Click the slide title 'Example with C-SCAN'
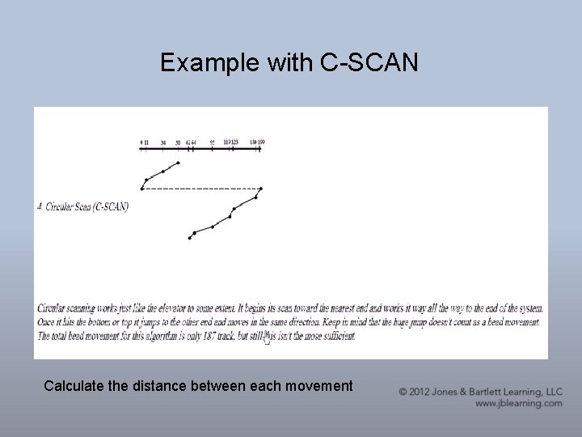[289, 62]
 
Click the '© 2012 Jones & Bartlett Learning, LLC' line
[480, 392]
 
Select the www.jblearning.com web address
[518, 403]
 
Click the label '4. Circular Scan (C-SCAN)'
[82, 206]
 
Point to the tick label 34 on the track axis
[163, 142]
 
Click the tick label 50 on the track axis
[178, 142]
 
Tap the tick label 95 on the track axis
[213, 142]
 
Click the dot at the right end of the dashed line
[260, 189]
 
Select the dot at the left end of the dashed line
[141, 189]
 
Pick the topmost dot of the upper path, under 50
[178, 163]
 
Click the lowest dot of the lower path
[190, 238]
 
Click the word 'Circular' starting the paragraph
[54, 308]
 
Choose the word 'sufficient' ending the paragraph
[335, 336]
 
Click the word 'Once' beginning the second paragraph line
[47, 322]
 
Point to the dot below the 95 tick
[213, 227]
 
